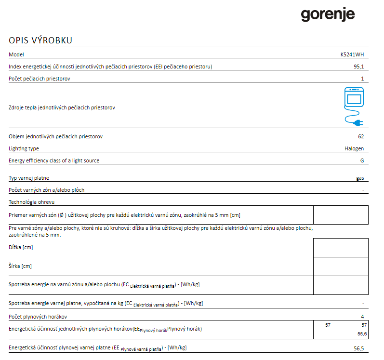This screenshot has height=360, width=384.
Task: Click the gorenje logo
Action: (328, 14)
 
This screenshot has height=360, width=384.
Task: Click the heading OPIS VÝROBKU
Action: (40, 40)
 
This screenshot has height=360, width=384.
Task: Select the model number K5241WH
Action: (352, 55)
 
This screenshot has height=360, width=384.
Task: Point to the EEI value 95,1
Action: (359, 67)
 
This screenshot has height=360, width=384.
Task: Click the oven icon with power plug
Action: (353, 107)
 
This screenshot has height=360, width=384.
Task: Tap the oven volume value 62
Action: (361, 137)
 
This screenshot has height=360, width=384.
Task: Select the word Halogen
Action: (354, 149)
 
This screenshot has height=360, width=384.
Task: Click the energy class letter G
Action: (362, 161)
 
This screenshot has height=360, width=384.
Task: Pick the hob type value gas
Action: (360, 178)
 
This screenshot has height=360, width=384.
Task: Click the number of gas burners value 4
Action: (362, 317)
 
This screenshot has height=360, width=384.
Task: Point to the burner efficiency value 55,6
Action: (362, 334)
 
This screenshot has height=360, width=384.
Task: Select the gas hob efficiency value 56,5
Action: (359, 348)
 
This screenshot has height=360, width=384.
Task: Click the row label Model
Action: (16, 55)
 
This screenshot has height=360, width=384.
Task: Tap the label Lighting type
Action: (24, 149)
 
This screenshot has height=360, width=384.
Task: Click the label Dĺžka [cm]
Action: (21, 247)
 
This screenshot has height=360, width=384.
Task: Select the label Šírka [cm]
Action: (20, 266)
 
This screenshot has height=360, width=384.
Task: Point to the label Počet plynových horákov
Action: (38, 317)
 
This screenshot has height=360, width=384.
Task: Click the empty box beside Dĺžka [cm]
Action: (341, 248)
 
